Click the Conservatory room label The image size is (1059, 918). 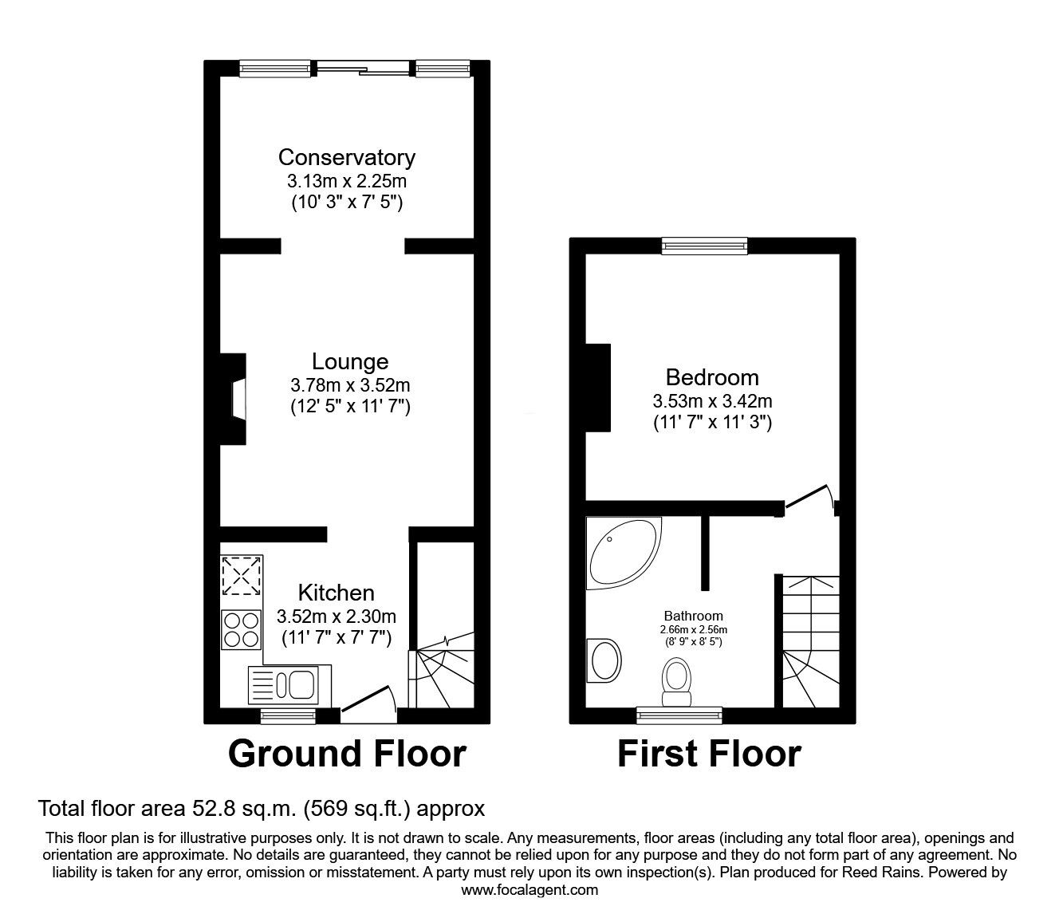tap(346, 157)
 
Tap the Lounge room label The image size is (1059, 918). tap(350, 362)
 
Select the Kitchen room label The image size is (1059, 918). tap(336, 593)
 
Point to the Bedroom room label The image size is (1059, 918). tap(712, 378)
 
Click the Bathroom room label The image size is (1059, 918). tap(693, 616)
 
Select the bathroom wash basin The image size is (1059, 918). tap(604, 660)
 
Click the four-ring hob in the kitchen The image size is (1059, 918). tap(242, 630)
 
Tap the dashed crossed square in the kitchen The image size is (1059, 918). tap(242, 577)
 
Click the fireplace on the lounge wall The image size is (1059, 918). tap(234, 400)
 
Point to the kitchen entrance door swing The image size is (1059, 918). tap(369, 699)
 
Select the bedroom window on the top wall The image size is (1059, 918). tap(704, 246)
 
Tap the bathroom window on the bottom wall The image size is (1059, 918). tap(679, 715)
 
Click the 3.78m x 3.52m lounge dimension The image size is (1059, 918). tap(350, 385)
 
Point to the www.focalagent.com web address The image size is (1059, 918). tap(529, 890)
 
